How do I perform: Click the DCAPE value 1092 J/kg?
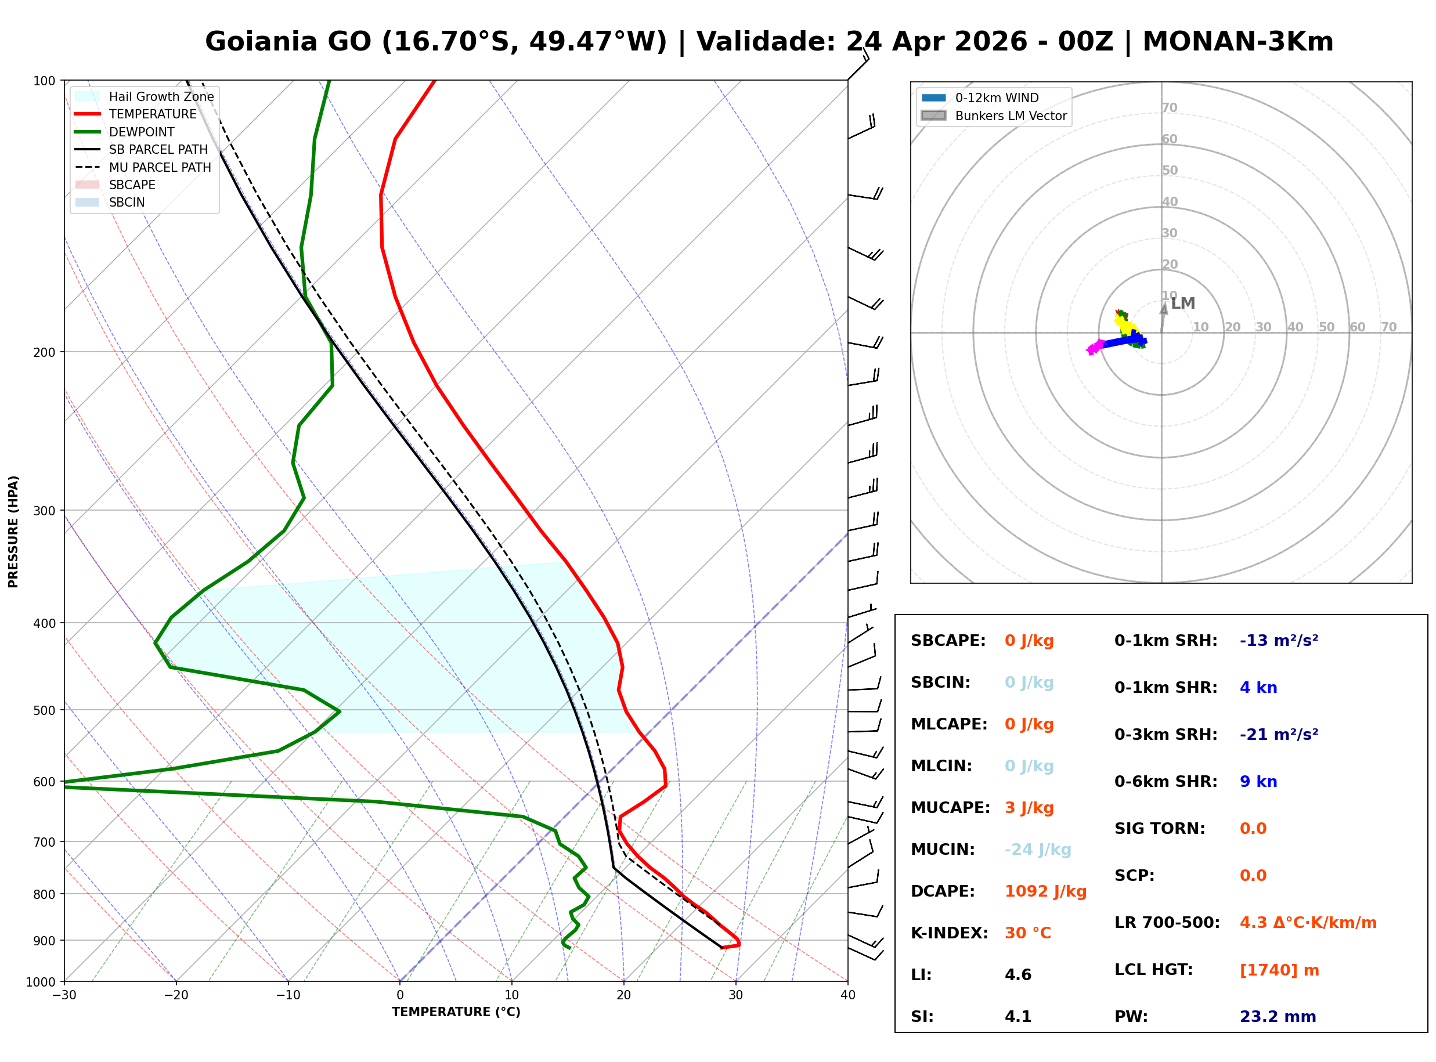(1045, 891)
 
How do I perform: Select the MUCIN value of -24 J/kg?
(1037, 849)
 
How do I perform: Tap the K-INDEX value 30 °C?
(1027, 933)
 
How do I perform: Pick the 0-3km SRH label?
(1166, 734)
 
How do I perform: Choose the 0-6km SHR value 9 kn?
(1258, 781)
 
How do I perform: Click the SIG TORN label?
(1160, 828)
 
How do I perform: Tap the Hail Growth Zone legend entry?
(161, 96)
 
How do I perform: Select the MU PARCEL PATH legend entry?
(160, 167)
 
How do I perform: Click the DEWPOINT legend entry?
(142, 132)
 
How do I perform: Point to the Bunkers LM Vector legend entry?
(1011, 115)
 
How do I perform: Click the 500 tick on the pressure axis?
(44, 710)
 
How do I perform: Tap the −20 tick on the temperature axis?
(175, 995)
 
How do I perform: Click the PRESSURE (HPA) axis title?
(13, 531)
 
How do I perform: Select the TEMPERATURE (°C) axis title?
(456, 1012)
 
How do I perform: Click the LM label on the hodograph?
(1182, 303)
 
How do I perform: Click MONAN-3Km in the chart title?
(1237, 41)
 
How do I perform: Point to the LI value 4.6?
(1018, 974)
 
